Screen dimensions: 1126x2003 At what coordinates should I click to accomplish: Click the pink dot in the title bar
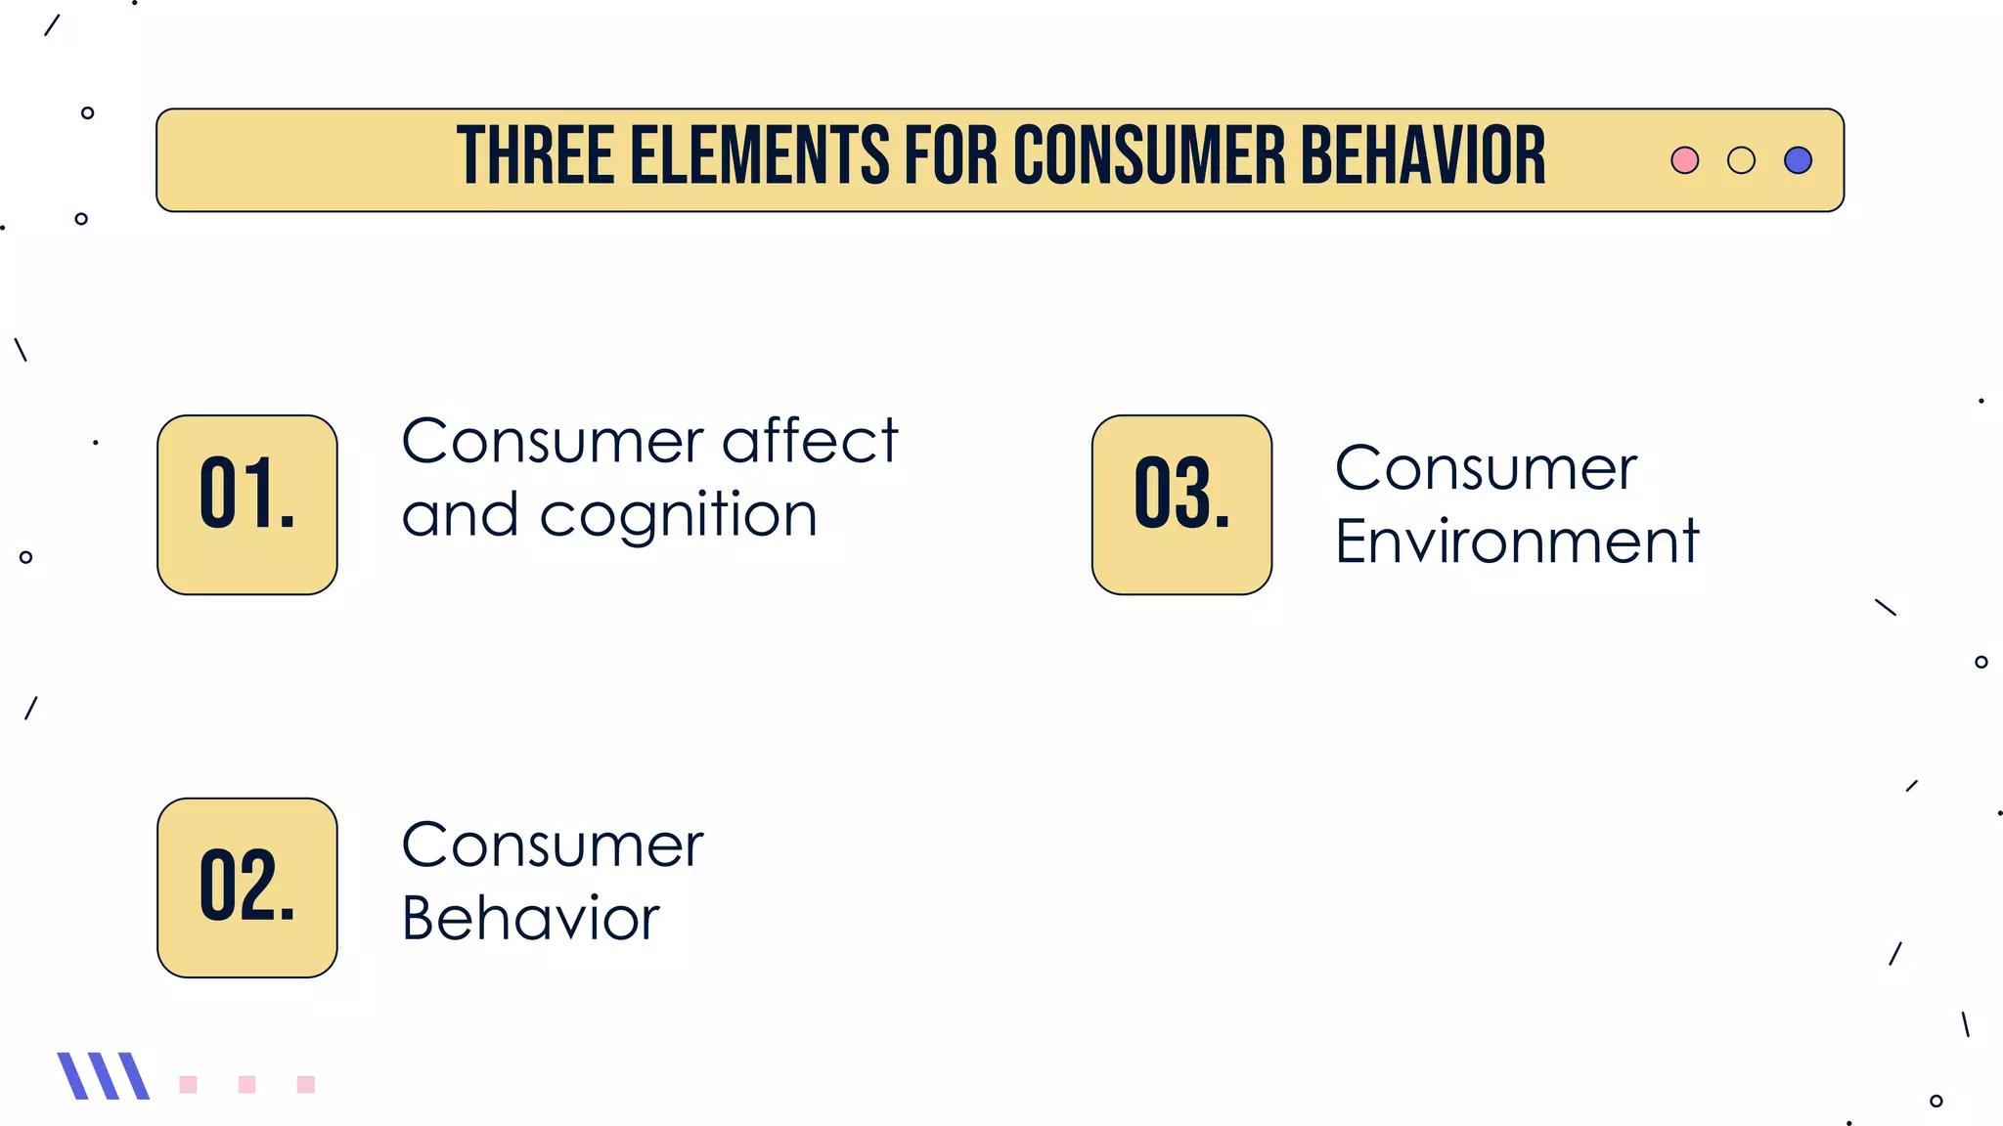click(1684, 160)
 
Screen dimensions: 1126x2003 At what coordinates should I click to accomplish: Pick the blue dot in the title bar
click(1798, 160)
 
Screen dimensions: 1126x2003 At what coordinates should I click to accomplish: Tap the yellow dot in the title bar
click(1741, 160)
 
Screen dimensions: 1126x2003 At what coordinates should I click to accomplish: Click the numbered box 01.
click(247, 504)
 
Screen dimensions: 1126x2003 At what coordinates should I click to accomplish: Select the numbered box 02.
click(247, 888)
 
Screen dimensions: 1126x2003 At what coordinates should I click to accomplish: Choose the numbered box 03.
click(1181, 504)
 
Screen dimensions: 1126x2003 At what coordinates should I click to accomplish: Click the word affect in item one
click(810, 442)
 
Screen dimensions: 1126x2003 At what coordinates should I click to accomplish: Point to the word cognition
click(678, 516)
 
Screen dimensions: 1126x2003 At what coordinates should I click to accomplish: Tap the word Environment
click(1517, 541)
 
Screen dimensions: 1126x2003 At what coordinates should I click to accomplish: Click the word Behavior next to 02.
click(531, 919)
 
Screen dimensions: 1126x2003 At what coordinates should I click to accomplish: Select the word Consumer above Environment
click(1486, 469)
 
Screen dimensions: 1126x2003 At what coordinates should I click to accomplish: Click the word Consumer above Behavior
click(553, 845)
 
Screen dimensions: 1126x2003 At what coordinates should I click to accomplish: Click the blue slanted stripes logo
click(103, 1076)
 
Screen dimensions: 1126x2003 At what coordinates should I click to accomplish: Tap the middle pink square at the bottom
click(246, 1084)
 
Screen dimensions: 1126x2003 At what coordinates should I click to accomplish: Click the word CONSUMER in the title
click(1148, 156)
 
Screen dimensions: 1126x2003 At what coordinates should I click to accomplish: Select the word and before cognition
click(460, 516)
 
